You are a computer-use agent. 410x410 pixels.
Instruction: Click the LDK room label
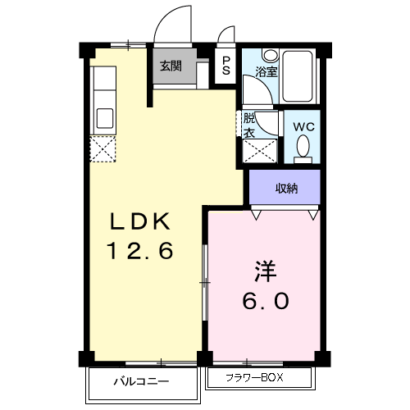pos(140,221)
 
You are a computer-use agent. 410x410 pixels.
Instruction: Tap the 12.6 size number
pos(140,251)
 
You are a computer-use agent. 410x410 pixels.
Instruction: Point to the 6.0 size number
pos(263,301)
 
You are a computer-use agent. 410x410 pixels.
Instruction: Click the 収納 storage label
pos(286,189)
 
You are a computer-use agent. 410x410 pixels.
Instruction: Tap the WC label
pos(303,127)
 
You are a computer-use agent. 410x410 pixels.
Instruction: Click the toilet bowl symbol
pos(303,148)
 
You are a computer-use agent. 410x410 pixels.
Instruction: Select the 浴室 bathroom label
pos(266,71)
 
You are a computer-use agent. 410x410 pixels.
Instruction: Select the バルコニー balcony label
pos(140,381)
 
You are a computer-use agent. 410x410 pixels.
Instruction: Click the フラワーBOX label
pos(258,379)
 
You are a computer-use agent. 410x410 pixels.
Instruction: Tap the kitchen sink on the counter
pos(105,116)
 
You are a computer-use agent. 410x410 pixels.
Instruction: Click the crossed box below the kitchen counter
pos(105,148)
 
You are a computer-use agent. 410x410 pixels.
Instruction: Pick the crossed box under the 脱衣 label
pos(261,150)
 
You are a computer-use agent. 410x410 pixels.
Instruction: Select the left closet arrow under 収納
pos(257,215)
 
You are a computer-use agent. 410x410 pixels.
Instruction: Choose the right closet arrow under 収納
pos(313,215)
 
